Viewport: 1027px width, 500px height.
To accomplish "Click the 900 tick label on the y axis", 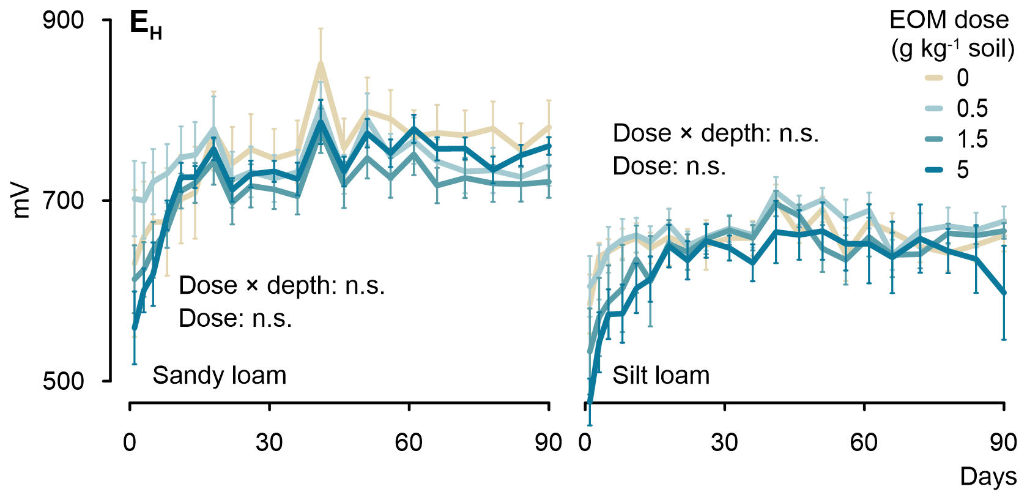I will [x=63, y=21].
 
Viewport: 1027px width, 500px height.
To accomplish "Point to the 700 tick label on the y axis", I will [x=63, y=200].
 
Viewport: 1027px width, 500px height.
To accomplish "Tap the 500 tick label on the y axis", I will [x=63, y=381].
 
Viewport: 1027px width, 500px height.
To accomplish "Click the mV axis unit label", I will [x=21, y=200].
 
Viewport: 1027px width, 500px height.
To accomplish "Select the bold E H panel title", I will [x=146, y=26].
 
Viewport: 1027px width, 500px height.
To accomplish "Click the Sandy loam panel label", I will [x=219, y=375].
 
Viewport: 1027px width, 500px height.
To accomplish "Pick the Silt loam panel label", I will [x=661, y=375].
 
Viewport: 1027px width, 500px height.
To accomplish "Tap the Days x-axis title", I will [x=988, y=476].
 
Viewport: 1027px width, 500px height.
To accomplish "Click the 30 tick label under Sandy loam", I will [x=269, y=442].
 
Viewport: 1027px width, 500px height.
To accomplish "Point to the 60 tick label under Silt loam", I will [x=864, y=442].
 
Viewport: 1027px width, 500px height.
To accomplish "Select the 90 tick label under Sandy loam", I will [x=548, y=442].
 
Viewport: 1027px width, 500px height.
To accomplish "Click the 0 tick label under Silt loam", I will [x=585, y=442].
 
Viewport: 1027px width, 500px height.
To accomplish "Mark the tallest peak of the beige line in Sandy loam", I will [x=321, y=63].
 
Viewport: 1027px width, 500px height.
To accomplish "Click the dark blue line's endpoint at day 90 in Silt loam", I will [x=1004, y=293].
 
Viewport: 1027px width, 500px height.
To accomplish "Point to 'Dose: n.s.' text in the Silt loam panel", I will [x=669, y=166].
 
